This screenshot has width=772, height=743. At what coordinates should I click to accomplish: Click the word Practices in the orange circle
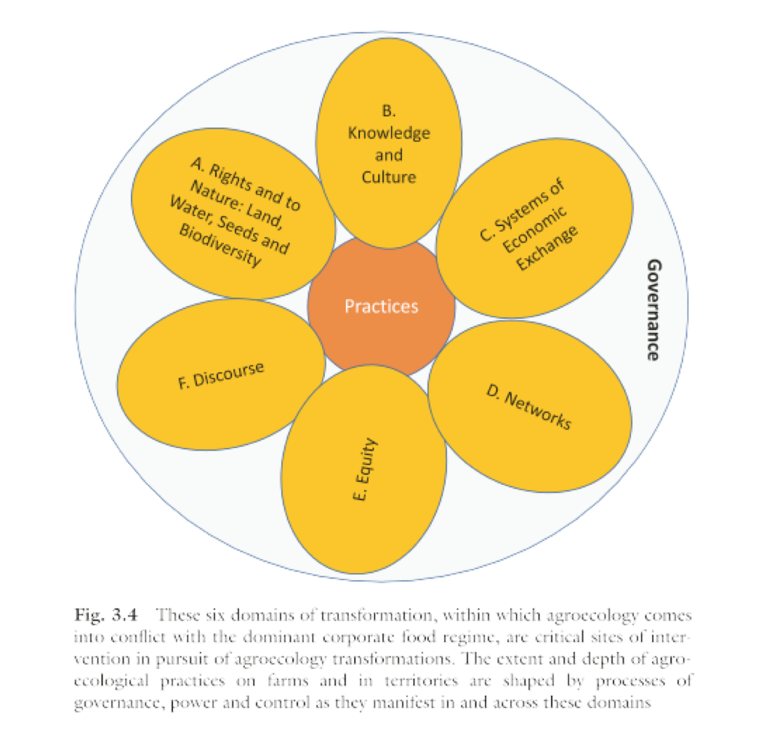click(382, 307)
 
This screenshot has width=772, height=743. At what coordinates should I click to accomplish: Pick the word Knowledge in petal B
click(388, 133)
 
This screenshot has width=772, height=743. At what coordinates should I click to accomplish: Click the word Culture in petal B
click(388, 177)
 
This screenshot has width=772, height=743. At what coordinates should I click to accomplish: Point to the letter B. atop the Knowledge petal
click(388, 111)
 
